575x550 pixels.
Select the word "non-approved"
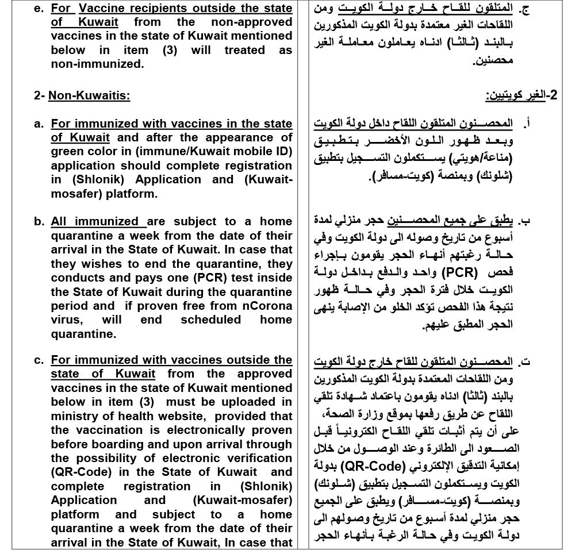[x=254, y=22]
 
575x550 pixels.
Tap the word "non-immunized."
[x=97, y=64]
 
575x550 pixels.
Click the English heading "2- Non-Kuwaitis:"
[x=82, y=95]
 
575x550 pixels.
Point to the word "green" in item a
[x=68, y=152]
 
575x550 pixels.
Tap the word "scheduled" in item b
[x=210, y=320]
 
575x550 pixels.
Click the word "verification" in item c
[x=255, y=458]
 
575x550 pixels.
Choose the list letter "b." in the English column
[x=39, y=222]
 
